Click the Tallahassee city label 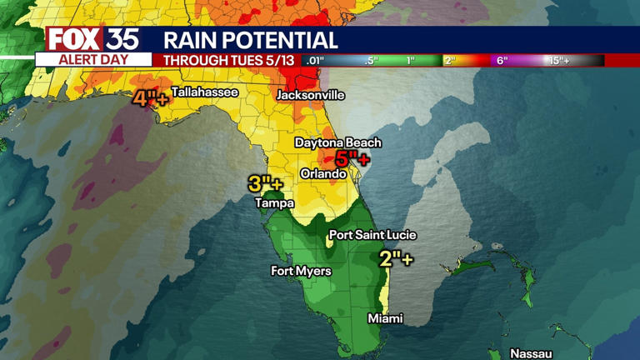pyautogui.click(x=204, y=92)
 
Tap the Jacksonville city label pyautogui.click(x=310, y=95)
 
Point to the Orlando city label pyautogui.click(x=323, y=174)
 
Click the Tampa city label pyautogui.click(x=274, y=202)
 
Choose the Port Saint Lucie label pyautogui.click(x=372, y=235)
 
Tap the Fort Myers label pyautogui.click(x=301, y=271)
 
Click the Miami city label pyautogui.click(x=385, y=318)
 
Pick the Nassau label pyautogui.click(x=531, y=353)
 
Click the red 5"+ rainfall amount pyautogui.click(x=352, y=159)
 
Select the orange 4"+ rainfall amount pyautogui.click(x=150, y=98)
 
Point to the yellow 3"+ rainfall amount pyautogui.click(x=265, y=184)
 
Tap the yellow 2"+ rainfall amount pyautogui.click(x=396, y=258)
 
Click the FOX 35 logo pyautogui.click(x=92, y=39)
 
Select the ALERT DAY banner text pyautogui.click(x=93, y=60)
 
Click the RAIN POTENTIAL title pyautogui.click(x=250, y=40)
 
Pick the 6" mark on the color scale pyautogui.click(x=502, y=61)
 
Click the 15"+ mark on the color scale pyautogui.click(x=559, y=61)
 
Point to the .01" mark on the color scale pyautogui.click(x=314, y=61)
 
